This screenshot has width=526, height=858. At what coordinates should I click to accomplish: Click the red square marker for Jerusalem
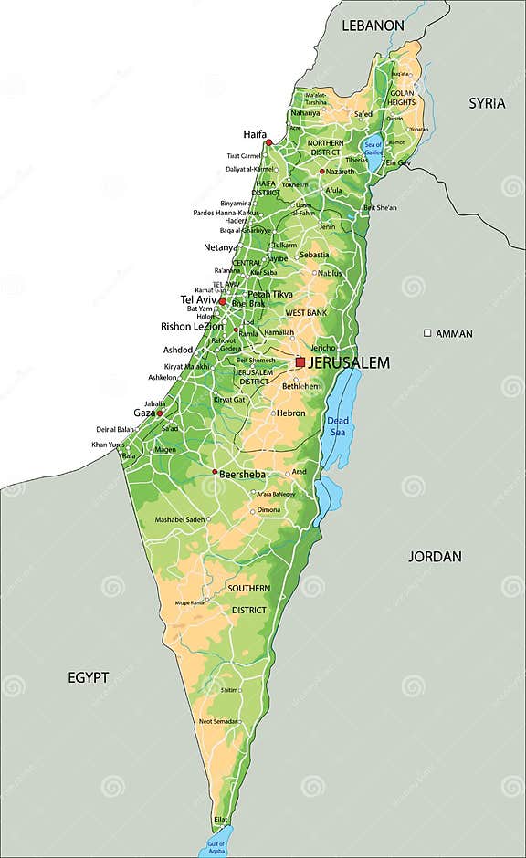300,362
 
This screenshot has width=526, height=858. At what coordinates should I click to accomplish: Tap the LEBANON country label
373,26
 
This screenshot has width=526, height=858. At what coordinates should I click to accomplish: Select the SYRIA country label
487,103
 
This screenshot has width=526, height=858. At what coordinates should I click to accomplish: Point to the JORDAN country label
435,556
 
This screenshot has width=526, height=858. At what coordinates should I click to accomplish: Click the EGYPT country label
89,677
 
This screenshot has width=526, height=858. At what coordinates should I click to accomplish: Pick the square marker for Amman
426,333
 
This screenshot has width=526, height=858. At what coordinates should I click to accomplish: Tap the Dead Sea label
338,426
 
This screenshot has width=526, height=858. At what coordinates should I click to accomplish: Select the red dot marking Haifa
268,142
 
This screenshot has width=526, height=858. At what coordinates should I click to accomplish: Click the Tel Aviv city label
197,299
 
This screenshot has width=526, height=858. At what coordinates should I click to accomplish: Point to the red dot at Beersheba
216,472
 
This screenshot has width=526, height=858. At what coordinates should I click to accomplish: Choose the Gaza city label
143,413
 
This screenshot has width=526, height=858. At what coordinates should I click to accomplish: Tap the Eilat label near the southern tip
221,820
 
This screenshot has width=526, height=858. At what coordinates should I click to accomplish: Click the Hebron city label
291,413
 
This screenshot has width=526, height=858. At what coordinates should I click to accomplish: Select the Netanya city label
220,247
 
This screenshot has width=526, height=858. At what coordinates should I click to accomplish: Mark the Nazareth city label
340,172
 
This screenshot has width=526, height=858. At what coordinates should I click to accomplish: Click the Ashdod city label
177,350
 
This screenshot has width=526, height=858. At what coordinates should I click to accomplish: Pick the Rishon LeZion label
190,326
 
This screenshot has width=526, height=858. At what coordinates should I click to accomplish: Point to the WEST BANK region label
306,313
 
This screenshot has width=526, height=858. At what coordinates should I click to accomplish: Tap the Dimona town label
268,510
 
